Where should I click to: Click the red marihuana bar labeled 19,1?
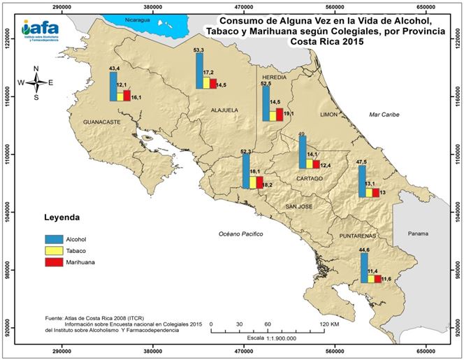tap(280, 115)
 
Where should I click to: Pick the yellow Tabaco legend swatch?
tap(54, 250)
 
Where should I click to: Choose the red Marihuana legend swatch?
tap(54, 262)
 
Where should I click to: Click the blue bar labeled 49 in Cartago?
tap(302, 152)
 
